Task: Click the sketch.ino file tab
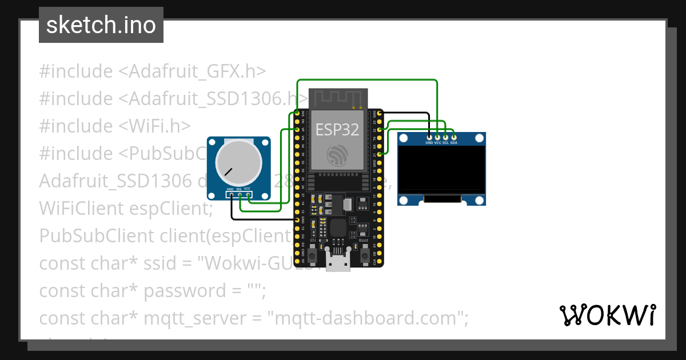(x=101, y=25)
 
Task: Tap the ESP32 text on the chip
(x=337, y=130)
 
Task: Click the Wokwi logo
(x=607, y=315)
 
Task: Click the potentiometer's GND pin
(x=231, y=195)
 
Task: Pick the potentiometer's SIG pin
(x=240, y=195)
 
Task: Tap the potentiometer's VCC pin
(x=248, y=195)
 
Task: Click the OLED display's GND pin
(x=429, y=137)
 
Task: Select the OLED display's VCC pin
(x=437, y=137)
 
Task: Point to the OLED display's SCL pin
(x=445, y=137)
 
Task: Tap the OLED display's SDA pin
(x=453, y=137)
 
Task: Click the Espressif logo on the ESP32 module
(x=337, y=155)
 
